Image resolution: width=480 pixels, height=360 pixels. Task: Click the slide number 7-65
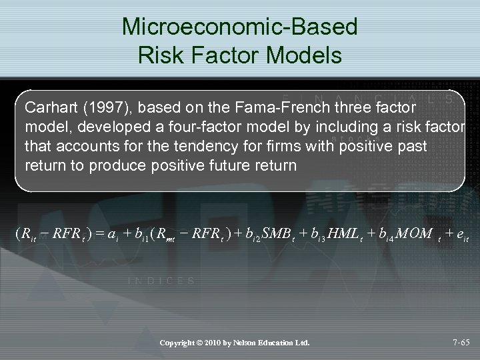point(457,343)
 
